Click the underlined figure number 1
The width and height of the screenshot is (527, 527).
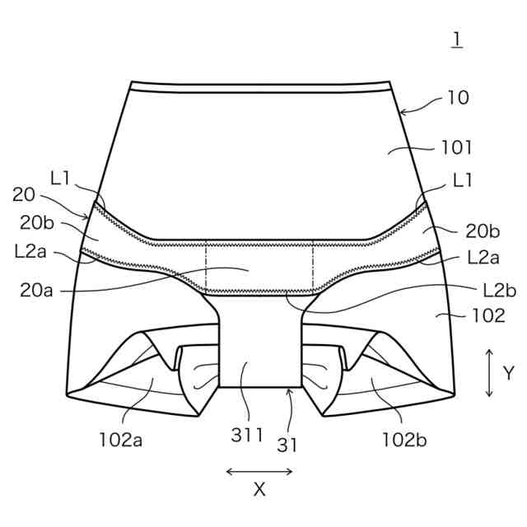click(x=457, y=40)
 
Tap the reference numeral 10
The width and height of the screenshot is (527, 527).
click(x=459, y=98)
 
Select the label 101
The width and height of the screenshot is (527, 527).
click(x=456, y=147)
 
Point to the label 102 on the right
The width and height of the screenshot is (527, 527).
click(x=488, y=315)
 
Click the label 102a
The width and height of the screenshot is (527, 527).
click(x=121, y=440)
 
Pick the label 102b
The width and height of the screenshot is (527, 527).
click(x=404, y=440)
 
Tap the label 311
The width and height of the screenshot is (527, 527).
click(x=247, y=436)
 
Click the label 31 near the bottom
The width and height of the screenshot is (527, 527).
click(x=287, y=445)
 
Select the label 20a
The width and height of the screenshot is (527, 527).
click(x=36, y=290)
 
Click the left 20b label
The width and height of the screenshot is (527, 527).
click(x=36, y=222)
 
